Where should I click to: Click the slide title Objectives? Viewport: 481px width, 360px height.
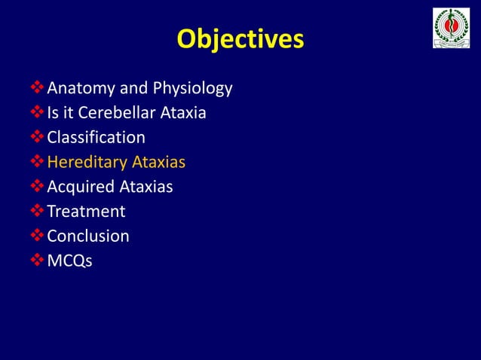click(240, 39)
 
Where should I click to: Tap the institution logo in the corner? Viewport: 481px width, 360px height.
click(451, 29)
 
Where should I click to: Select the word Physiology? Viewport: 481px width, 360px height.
click(192, 89)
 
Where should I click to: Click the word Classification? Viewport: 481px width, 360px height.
click(96, 138)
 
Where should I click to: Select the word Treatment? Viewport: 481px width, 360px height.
click(86, 212)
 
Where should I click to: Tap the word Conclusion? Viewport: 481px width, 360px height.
click(87, 236)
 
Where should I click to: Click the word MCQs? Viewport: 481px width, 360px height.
click(69, 261)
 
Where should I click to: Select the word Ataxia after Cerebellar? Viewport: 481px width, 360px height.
click(181, 114)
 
